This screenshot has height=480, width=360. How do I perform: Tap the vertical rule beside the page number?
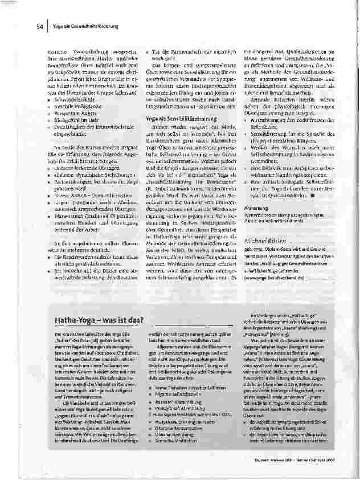click(x=47, y=26)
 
